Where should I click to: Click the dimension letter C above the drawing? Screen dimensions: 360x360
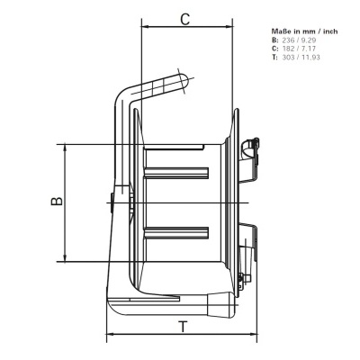pyautogui.click(x=184, y=18)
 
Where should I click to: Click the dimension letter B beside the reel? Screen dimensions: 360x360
pyautogui.click(x=55, y=202)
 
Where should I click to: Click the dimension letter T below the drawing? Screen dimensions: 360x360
pyautogui.click(x=183, y=327)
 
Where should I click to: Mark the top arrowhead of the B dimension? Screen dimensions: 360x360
pyautogui.click(x=65, y=147)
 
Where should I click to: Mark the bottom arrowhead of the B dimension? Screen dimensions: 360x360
pyautogui.click(x=65, y=259)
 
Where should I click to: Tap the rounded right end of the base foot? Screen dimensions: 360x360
pyautogui.click(x=236, y=309)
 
